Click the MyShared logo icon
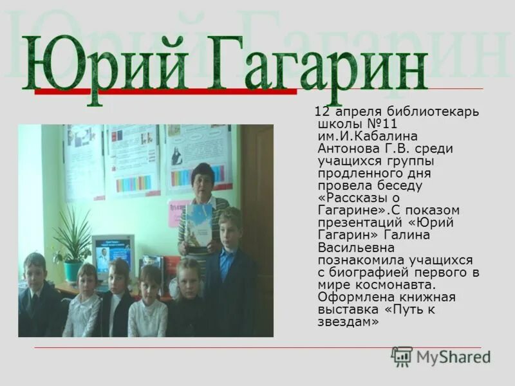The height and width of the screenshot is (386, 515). coord(402,356)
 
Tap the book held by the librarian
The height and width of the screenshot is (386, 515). coord(199,225)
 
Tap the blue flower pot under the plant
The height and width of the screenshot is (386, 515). coord(73,270)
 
